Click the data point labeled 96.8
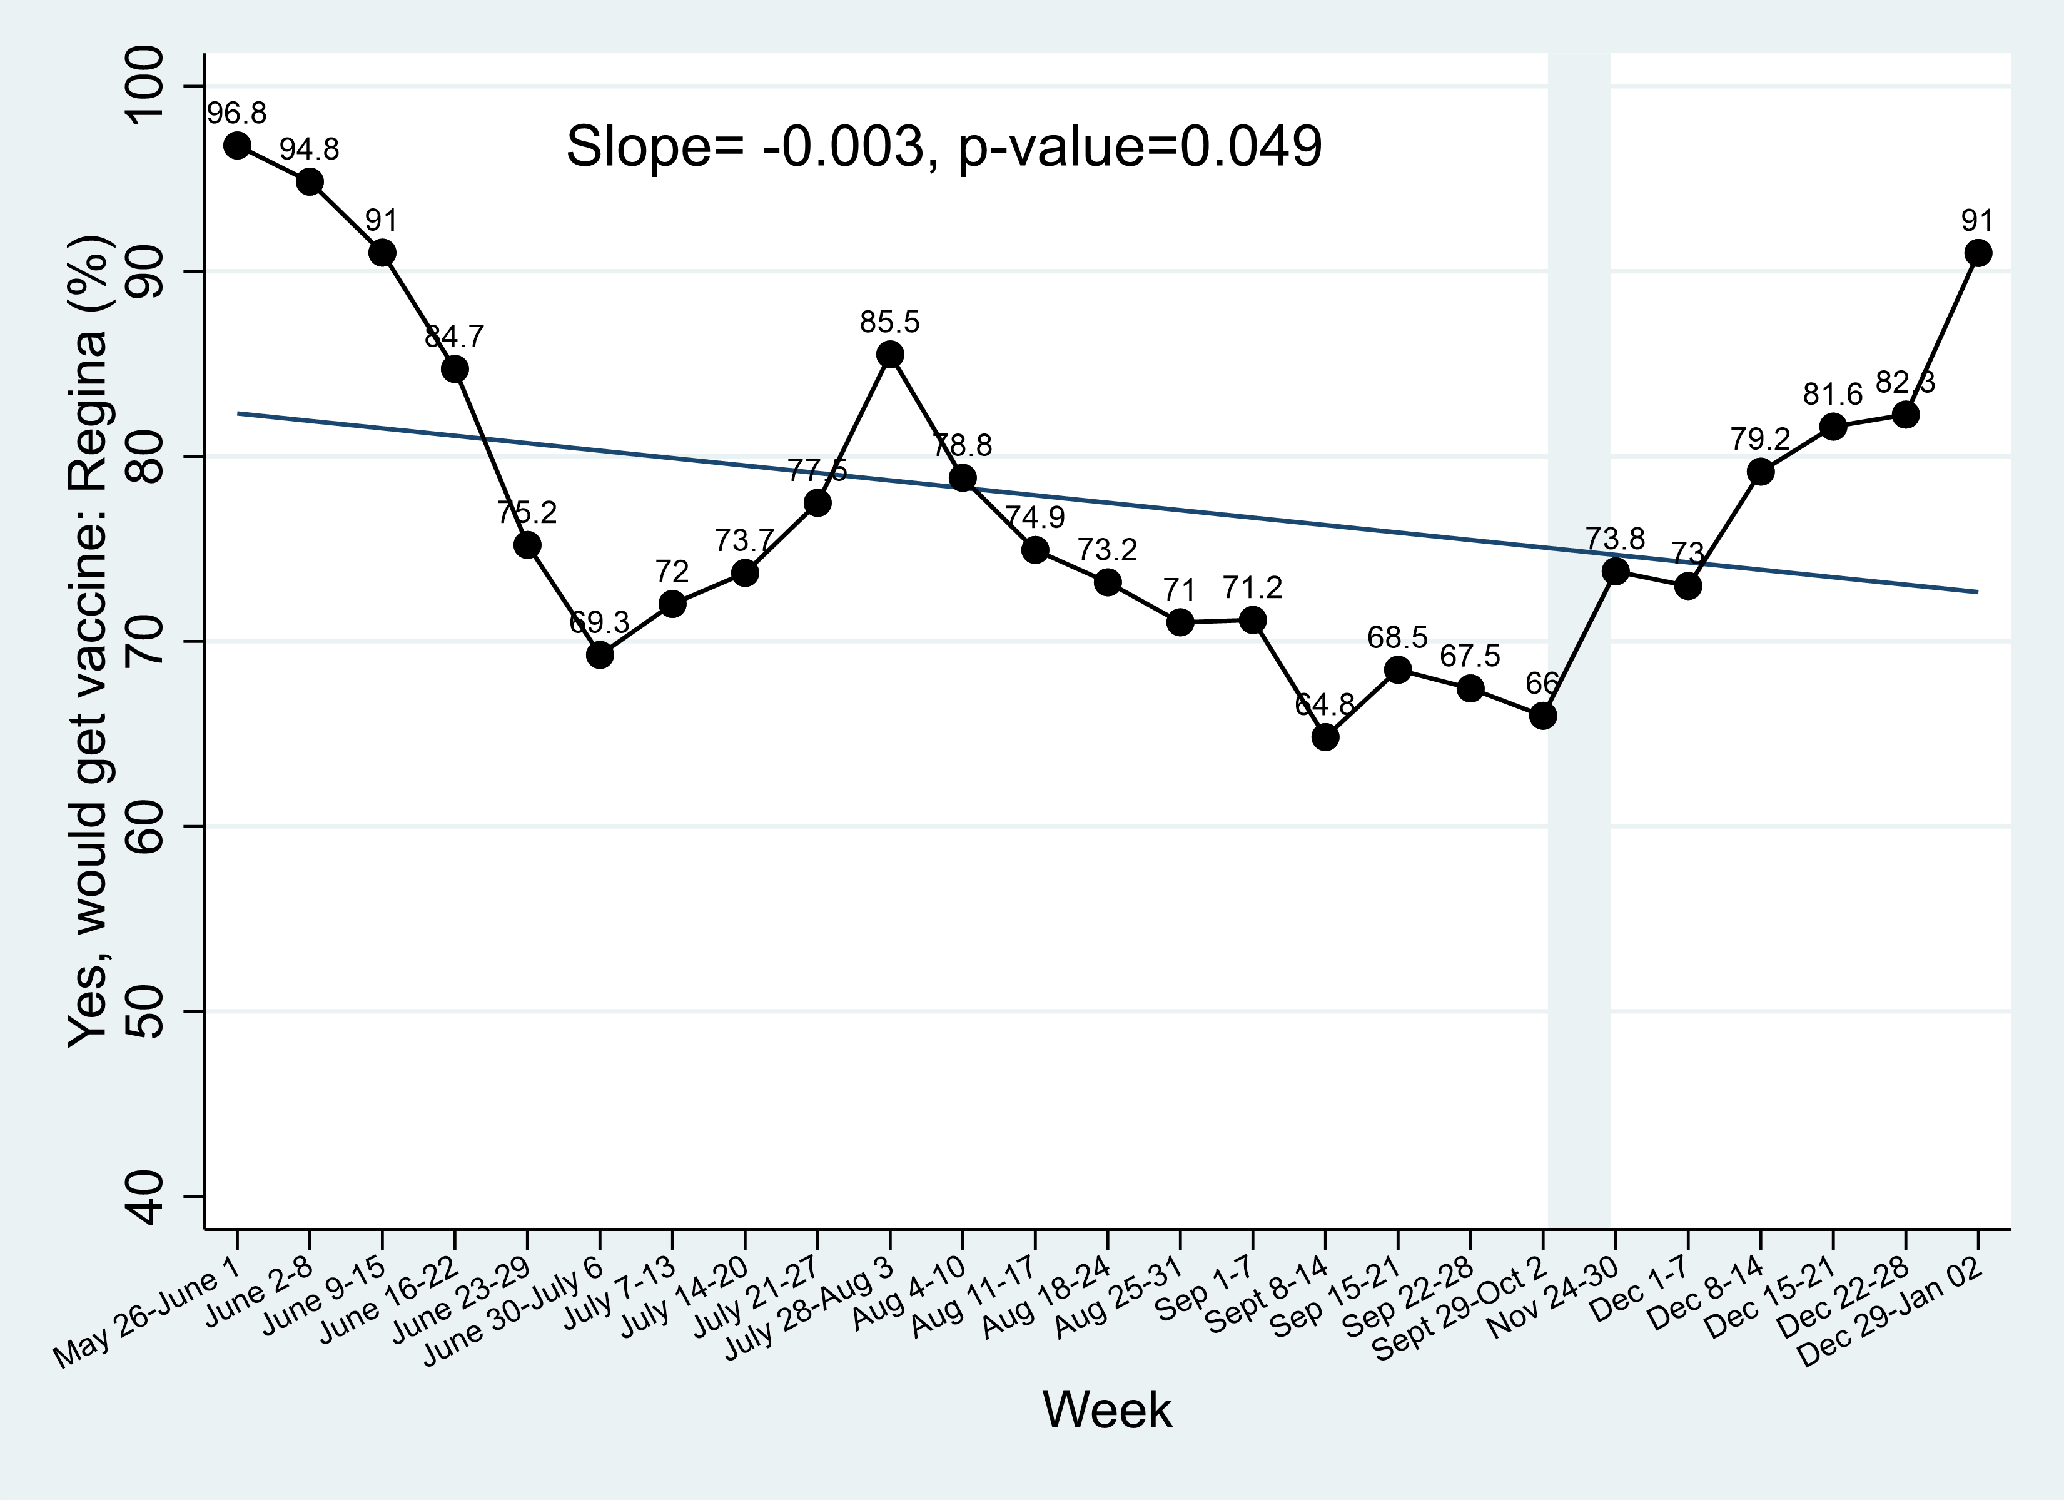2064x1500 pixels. coord(238,146)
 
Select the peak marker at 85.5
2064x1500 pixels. coord(890,355)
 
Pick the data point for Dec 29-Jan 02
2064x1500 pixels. coord(1978,253)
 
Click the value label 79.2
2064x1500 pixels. coord(1760,440)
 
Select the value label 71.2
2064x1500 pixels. coord(1252,588)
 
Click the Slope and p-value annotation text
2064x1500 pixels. coord(944,146)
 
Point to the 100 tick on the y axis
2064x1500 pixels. coord(146,86)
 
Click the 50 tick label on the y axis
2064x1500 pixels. coord(146,1011)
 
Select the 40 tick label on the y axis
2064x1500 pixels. coord(146,1196)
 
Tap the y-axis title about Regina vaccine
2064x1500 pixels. coord(91,642)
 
